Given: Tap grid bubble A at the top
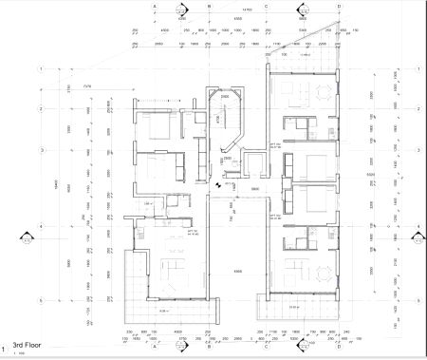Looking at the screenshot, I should click(155, 5).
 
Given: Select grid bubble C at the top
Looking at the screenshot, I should click(269, 5).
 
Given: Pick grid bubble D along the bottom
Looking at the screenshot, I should click(302, 346).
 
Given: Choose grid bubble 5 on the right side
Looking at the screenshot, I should click(418, 297).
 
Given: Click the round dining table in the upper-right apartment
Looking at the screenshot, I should click(324, 91).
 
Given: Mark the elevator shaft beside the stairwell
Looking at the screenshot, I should click(253, 163).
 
